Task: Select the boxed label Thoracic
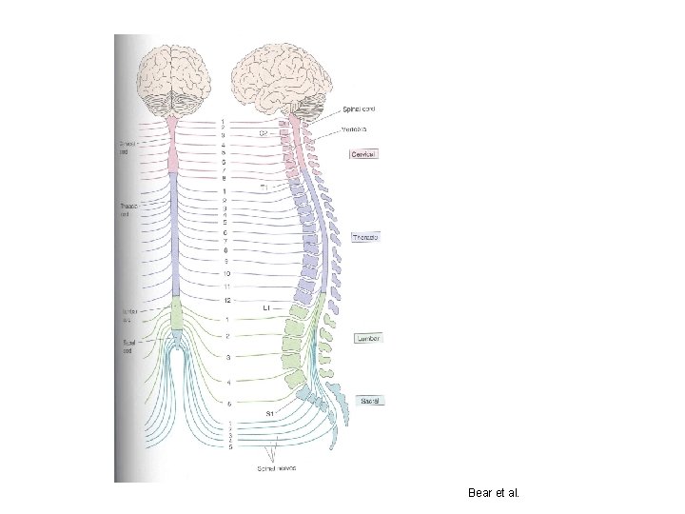point(366,237)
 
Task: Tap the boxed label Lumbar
point(368,338)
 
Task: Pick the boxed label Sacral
point(371,401)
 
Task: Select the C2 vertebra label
point(264,133)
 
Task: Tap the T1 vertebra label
point(265,188)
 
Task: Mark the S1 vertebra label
point(270,414)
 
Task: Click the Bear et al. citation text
point(495,492)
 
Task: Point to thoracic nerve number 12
point(227,301)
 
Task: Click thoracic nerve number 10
point(227,273)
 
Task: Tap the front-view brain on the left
point(174,76)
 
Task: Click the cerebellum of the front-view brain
point(174,107)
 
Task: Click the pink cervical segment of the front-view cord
point(174,148)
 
